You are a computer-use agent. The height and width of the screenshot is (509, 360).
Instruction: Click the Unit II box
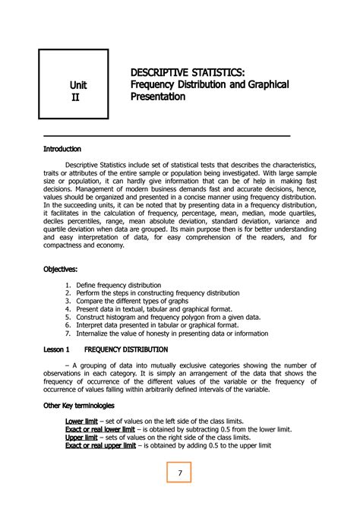click(x=74, y=83)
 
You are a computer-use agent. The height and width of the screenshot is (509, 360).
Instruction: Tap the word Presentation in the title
click(x=163, y=97)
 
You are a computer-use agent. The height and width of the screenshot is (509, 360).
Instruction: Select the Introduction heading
click(x=62, y=149)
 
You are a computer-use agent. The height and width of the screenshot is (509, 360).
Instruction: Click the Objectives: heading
click(x=60, y=269)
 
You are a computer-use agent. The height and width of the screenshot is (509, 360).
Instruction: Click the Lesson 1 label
click(x=55, y=349)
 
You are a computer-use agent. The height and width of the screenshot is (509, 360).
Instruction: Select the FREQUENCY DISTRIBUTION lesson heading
click(x=126, y=349)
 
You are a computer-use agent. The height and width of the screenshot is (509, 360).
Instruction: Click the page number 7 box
click(x=180, y=473)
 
